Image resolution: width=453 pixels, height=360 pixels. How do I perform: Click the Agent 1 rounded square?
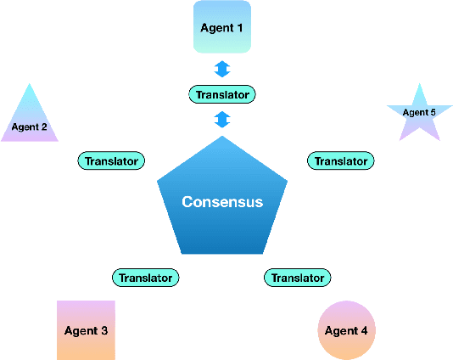222,27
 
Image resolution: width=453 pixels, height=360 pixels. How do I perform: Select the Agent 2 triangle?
30,119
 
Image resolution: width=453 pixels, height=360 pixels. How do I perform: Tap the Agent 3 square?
86,329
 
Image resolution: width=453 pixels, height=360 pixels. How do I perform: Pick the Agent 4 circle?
346,329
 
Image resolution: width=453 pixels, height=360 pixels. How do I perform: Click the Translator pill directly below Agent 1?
222,94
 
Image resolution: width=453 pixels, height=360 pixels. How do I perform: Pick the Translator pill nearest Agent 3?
146,277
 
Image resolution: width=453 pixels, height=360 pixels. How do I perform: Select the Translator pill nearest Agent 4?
297,277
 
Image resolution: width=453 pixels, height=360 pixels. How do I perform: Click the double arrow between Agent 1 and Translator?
222,69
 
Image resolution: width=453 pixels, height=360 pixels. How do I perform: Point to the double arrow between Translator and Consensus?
222,119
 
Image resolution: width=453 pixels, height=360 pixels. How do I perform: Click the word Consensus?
222,202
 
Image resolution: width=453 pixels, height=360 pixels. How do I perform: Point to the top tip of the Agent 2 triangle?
30,84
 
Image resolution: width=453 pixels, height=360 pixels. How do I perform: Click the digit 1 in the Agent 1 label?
239,28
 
